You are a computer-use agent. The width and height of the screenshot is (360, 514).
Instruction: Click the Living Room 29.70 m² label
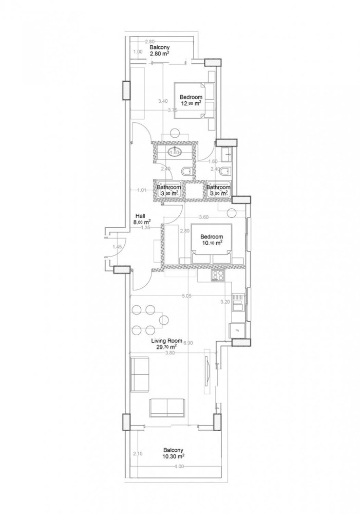164,344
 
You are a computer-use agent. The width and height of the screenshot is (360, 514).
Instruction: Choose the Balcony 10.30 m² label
174,452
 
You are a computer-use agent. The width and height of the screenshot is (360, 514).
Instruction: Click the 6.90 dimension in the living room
188,343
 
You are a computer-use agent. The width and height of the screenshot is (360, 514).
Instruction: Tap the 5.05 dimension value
186,296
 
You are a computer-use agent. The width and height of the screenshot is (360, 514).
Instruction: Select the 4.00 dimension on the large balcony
178,466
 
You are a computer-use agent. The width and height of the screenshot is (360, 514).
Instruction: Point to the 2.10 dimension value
137,454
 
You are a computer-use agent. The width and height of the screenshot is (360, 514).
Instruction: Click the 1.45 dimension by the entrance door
117,247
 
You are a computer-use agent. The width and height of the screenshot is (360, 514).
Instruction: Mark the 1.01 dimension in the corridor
142,190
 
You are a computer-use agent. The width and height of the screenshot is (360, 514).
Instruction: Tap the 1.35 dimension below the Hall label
145,226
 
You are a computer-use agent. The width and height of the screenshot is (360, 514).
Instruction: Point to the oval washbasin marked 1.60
174,152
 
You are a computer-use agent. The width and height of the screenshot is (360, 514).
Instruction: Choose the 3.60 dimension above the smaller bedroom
203,217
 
